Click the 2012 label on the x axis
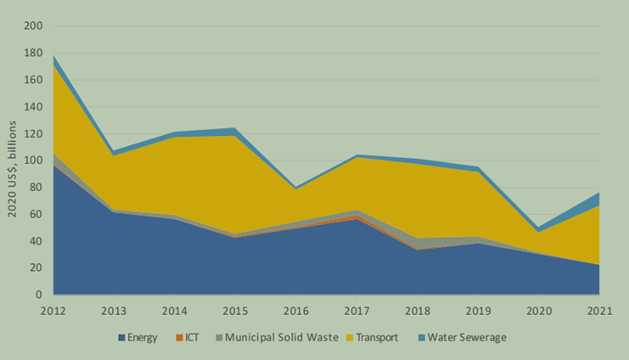[53, 311]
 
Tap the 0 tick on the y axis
[39, 295]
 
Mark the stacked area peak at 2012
[53, 56]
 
